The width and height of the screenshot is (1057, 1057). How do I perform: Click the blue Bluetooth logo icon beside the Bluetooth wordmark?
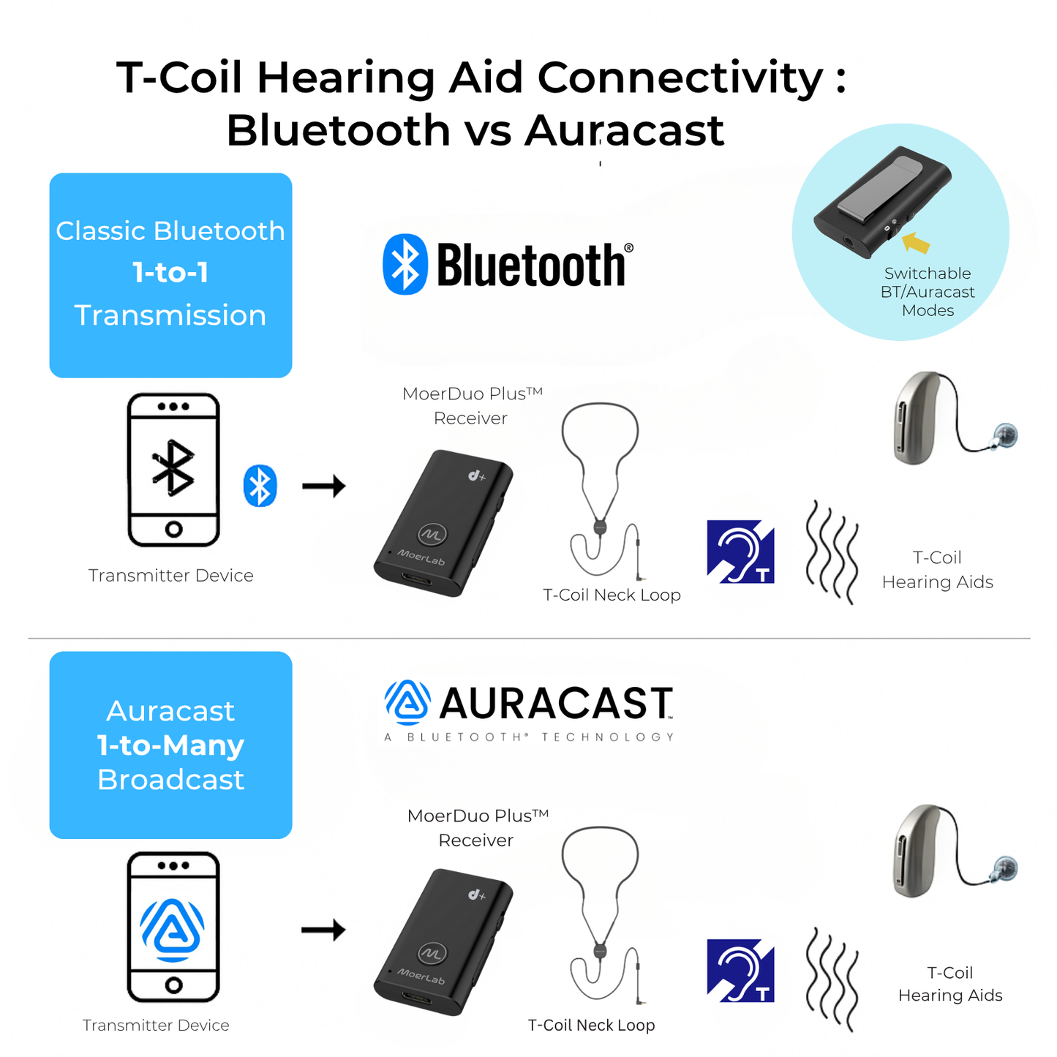coord(405,264)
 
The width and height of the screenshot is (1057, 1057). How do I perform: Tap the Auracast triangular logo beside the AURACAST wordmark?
coord(407,702)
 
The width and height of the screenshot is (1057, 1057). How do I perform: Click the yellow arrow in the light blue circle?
coord(916,242)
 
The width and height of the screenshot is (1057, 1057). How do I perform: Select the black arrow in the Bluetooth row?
coord(323,486)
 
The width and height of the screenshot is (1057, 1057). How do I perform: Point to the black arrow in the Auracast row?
coord(323,930)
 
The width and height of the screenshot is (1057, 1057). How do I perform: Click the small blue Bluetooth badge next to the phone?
coord(260,486)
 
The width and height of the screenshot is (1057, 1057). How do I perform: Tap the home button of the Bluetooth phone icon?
coord(173,528)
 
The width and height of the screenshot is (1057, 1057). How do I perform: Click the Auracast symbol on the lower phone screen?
coord(173,929)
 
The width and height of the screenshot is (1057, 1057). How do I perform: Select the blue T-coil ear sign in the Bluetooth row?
coord(740,552)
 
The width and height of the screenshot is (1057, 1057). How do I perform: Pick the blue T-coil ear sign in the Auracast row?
coord(740,971)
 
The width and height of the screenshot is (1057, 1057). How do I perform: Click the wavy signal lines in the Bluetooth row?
coord(832,552)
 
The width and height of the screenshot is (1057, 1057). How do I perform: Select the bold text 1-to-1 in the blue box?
coord(170,273)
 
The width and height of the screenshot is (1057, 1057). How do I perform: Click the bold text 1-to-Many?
coord(170,745)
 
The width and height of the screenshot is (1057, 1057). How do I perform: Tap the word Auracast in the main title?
coord(624,131)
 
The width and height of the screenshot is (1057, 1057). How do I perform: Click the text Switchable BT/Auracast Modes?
coord(928,292)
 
